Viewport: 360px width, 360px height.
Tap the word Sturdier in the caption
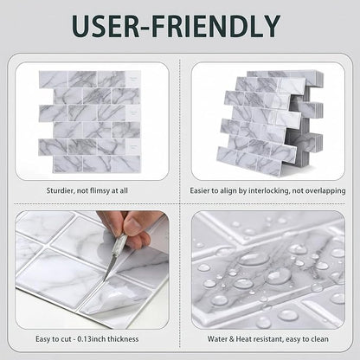[x=61, y=190]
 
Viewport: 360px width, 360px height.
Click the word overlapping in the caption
[x=325, y=191]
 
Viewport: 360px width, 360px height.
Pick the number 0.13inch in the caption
[x=92, y=339]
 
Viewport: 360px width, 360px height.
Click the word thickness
[x=123, y=339]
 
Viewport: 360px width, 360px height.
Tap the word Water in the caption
[x=217, y=339]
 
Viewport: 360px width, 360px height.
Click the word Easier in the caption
[x=200, y=190]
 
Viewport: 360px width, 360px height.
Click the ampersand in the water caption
[x=232, y=339]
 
